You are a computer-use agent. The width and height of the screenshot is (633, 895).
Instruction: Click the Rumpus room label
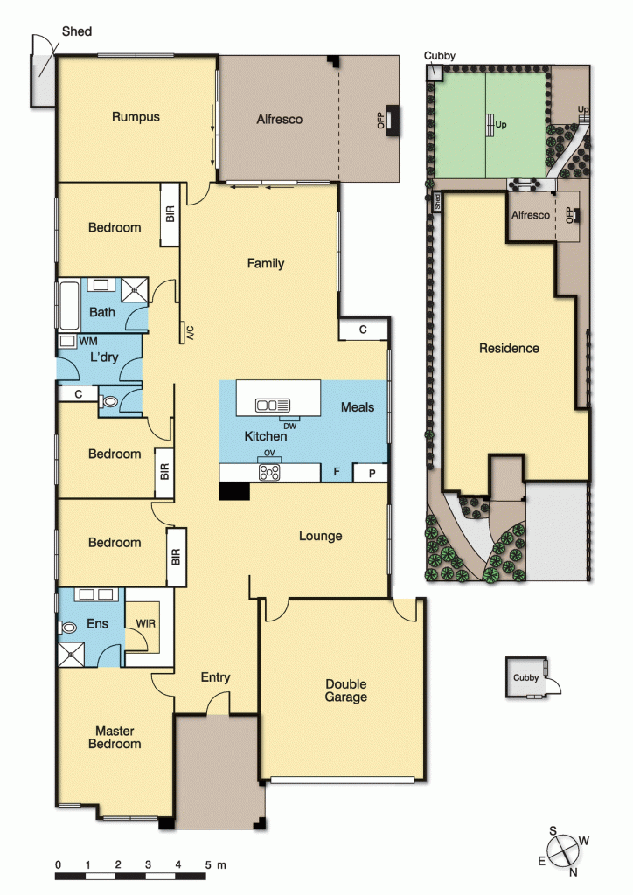[x=136, y=116]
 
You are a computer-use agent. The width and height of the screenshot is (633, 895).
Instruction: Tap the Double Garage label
[x=346, y=690]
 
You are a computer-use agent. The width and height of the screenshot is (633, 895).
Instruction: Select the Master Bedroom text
[x=118, y=737]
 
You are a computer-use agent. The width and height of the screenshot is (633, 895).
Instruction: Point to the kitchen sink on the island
[x=272, y=405]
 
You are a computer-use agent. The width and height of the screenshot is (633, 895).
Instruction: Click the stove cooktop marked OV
[x=270, y=472]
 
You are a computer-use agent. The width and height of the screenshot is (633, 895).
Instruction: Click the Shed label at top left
[x=76, y=31]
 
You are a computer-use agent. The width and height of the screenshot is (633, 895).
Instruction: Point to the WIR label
[x=146, y=624]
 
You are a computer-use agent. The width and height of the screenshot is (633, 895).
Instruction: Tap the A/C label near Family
[x=189, y=331]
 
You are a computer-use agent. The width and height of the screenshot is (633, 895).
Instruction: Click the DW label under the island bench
[x=289, y=426]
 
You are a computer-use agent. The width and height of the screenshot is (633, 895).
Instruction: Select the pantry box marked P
[x=372, y=473]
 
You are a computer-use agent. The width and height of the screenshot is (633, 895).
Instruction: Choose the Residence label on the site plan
[x=509, y=348]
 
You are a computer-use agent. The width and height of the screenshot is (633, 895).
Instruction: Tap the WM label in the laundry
[x=88, y=340]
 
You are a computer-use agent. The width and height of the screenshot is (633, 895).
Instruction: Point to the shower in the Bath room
[x=135, y=288]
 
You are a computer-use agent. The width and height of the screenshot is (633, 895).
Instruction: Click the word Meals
[x=358, y=407]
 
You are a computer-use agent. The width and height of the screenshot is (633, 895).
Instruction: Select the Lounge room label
[x=320, y=536]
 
